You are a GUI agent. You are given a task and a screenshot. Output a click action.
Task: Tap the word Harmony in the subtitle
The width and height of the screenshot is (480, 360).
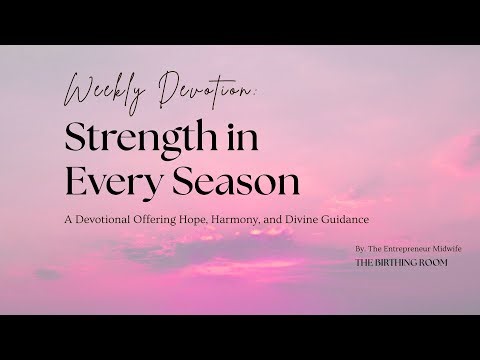coord(260,219)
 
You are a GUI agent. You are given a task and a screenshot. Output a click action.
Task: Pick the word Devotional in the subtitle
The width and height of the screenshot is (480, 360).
coord(128,219)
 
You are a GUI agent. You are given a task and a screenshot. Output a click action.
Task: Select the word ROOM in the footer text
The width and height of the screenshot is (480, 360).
coord(436,264)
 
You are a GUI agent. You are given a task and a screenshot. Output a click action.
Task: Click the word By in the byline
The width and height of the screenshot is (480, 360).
coord(360,246)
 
